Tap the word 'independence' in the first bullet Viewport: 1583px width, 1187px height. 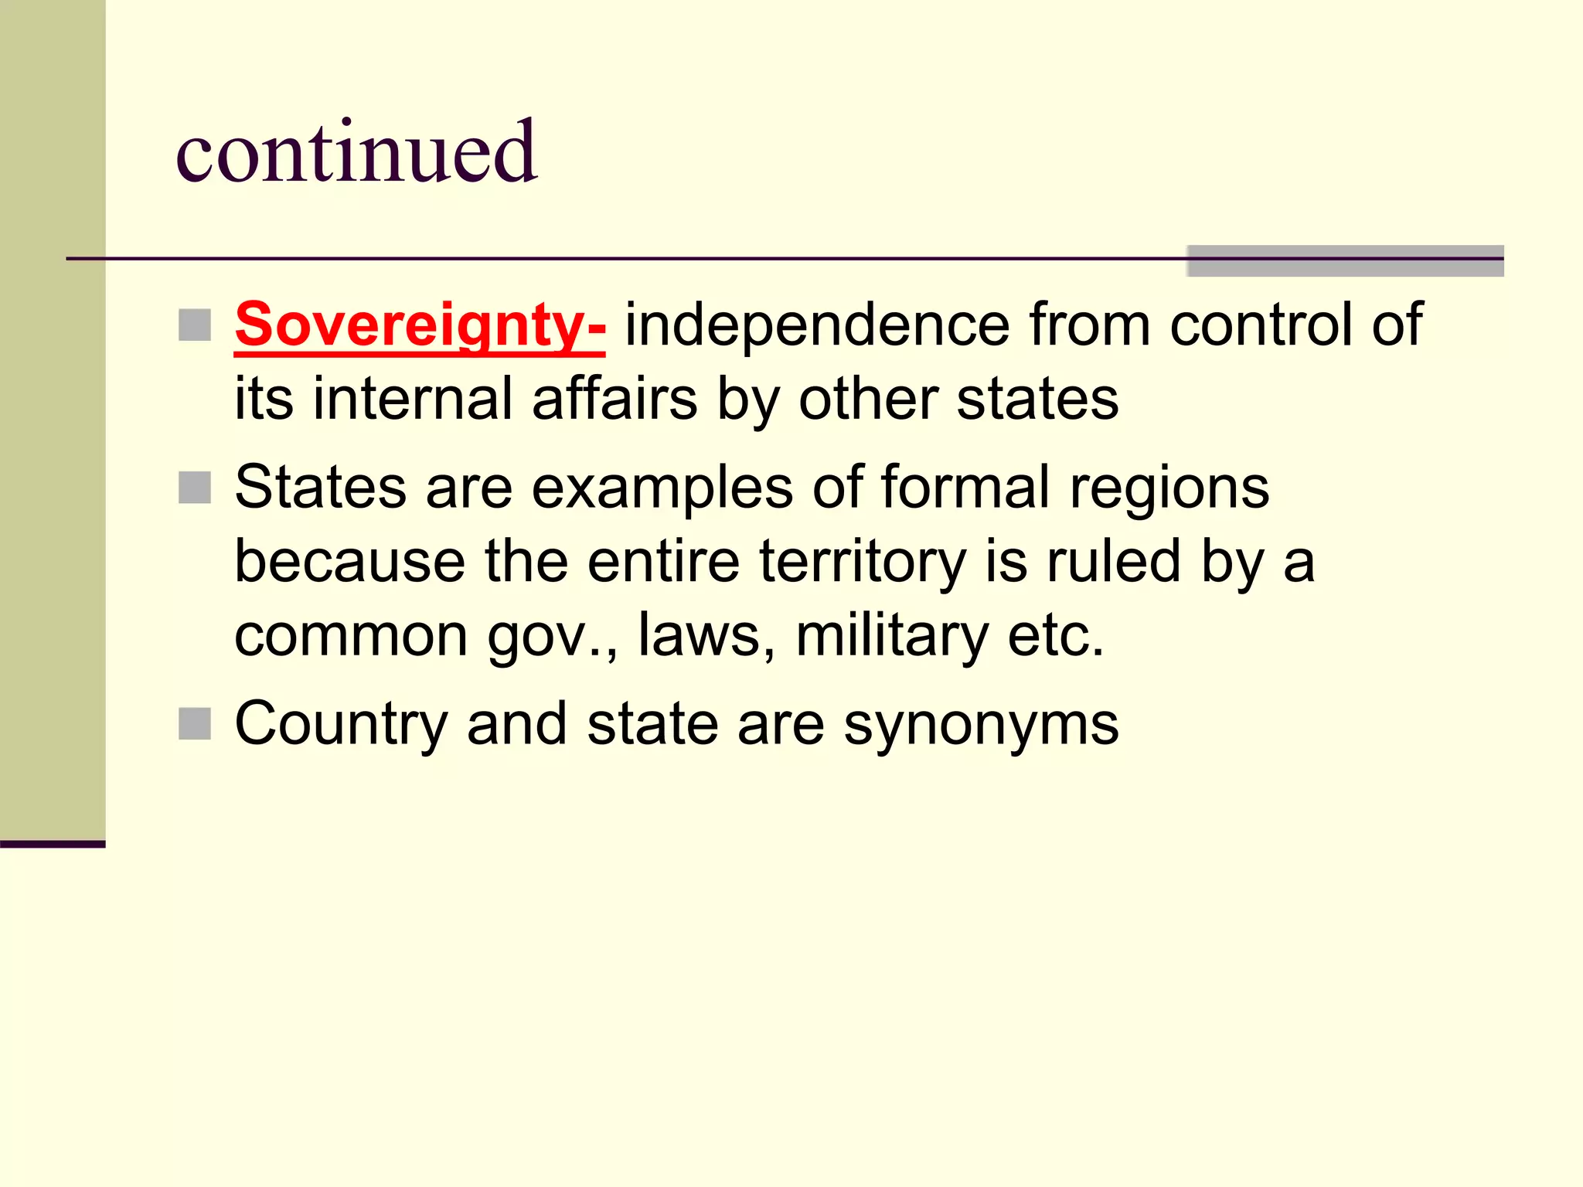point(817,325)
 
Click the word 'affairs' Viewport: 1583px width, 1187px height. point(614,399)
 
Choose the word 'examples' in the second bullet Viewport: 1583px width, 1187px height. point(662,488)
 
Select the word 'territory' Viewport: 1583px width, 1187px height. point(863,562)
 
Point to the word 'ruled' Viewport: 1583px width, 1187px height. point(1114,562)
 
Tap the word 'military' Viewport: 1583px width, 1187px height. point(892,636)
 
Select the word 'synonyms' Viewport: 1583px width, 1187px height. point(981,725)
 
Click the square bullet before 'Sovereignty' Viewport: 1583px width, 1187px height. point(195,325)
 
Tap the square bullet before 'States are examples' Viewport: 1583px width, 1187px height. point(195,488)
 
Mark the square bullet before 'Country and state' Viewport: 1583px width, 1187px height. point(195,724)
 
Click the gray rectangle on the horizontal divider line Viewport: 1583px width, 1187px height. point(1345,260)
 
